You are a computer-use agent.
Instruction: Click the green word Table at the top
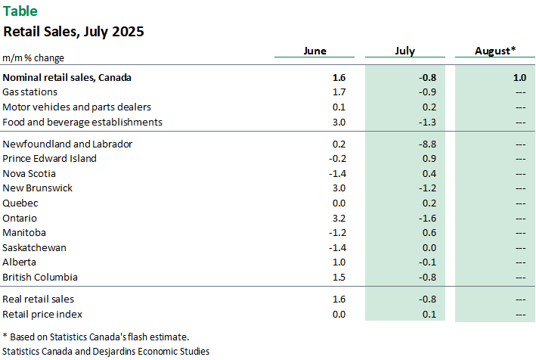(x=20, y=11)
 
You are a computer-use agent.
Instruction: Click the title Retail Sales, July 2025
(x=73, y=32)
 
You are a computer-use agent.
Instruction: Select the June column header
(x=314, y=51)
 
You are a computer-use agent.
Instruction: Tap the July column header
(x=404, y=51)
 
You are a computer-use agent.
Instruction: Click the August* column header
(x=495, y=51)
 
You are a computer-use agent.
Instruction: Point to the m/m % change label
(x=33, y=57)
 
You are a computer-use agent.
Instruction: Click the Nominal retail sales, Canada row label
(x=67, y=77)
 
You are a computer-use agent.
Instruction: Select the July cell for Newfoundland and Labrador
(x=428, y=144)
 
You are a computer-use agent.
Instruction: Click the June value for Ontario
(x=318, y=218)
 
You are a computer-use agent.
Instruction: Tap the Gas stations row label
(x=29, y=92)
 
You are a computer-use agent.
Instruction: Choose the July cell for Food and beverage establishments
(x=428, y=122)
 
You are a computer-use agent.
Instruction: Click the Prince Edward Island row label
(x=50, y=159)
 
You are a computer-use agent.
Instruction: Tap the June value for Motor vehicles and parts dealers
(x=318, y=107)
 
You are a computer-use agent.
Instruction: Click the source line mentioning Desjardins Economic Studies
(x=106, y=351)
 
